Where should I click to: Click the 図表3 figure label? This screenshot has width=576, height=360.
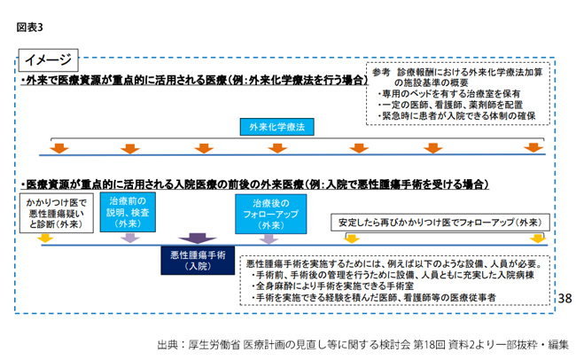point(30,27)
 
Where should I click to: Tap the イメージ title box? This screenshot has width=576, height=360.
point(49,60)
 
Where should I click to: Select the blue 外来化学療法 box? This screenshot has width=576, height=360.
point(277,127)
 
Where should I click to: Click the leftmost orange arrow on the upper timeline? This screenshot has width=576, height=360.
point(59,148)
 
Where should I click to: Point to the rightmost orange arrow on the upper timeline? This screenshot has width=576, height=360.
point(533,147)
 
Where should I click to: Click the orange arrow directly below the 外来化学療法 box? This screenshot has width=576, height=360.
point(277,148)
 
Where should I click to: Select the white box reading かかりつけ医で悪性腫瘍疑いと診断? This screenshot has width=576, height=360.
point(56,214)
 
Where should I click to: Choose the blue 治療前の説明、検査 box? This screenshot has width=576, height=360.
point(128,212)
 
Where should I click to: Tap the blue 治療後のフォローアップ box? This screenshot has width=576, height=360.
point(271,214)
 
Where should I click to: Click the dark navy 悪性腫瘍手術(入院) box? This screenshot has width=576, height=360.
point(198,261)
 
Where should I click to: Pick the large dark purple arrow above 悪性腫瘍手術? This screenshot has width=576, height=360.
point(198,239)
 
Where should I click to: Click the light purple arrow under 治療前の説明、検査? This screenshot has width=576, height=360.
point(130,239)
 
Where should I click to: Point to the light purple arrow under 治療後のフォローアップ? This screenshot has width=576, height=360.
point(269,239)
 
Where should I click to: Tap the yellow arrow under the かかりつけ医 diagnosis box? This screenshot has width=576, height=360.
point(45,239)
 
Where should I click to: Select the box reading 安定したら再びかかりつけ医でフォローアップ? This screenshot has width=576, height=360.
point(440,223)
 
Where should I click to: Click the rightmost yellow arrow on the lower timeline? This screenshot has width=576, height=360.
point(537,239)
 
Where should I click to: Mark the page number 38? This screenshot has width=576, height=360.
point(564,298)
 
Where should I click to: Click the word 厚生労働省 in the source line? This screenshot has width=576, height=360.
point(214,345)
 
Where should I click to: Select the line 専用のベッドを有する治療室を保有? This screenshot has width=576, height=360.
point(449,94)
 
